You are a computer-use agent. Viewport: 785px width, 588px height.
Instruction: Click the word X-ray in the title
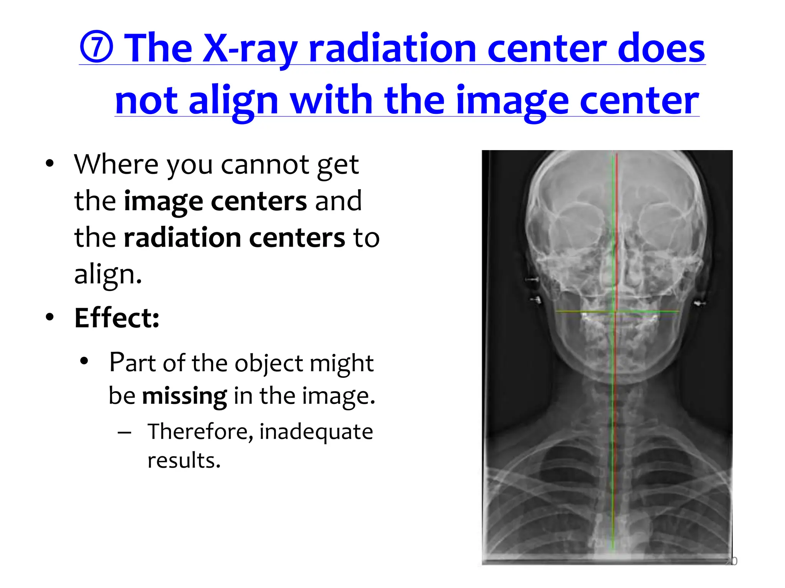click(x=250, y=49)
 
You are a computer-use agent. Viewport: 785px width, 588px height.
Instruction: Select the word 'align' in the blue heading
click(x=233, y=100)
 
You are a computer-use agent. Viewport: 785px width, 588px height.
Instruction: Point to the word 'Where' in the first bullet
click(x=116, y=165)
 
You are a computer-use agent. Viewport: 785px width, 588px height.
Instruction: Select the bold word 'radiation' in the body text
click(x=182, y=238)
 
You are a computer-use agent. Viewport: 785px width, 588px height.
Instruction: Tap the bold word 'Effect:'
click(x=117, y=318)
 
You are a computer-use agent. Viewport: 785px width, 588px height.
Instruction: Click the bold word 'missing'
click(x=184, y=396)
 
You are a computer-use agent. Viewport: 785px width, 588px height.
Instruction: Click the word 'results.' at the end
click(x=184, y=461)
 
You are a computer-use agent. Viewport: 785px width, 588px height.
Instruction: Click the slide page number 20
click(x=731, y=561)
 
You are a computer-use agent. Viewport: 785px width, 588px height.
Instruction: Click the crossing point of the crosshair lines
click(x=616, y=312)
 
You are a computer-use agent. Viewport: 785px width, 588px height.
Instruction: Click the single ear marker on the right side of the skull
click(x=700, y=304)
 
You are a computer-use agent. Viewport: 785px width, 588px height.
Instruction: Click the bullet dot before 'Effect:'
click(x=49, y=317)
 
